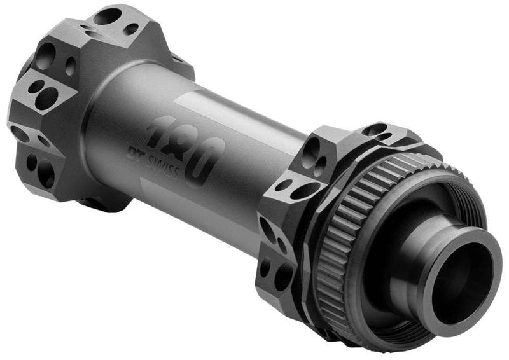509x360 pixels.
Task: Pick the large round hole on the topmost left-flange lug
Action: pyautogui.click(x=108, y=16)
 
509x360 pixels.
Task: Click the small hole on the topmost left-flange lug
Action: pyautogui.click(x=131, y=29)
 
